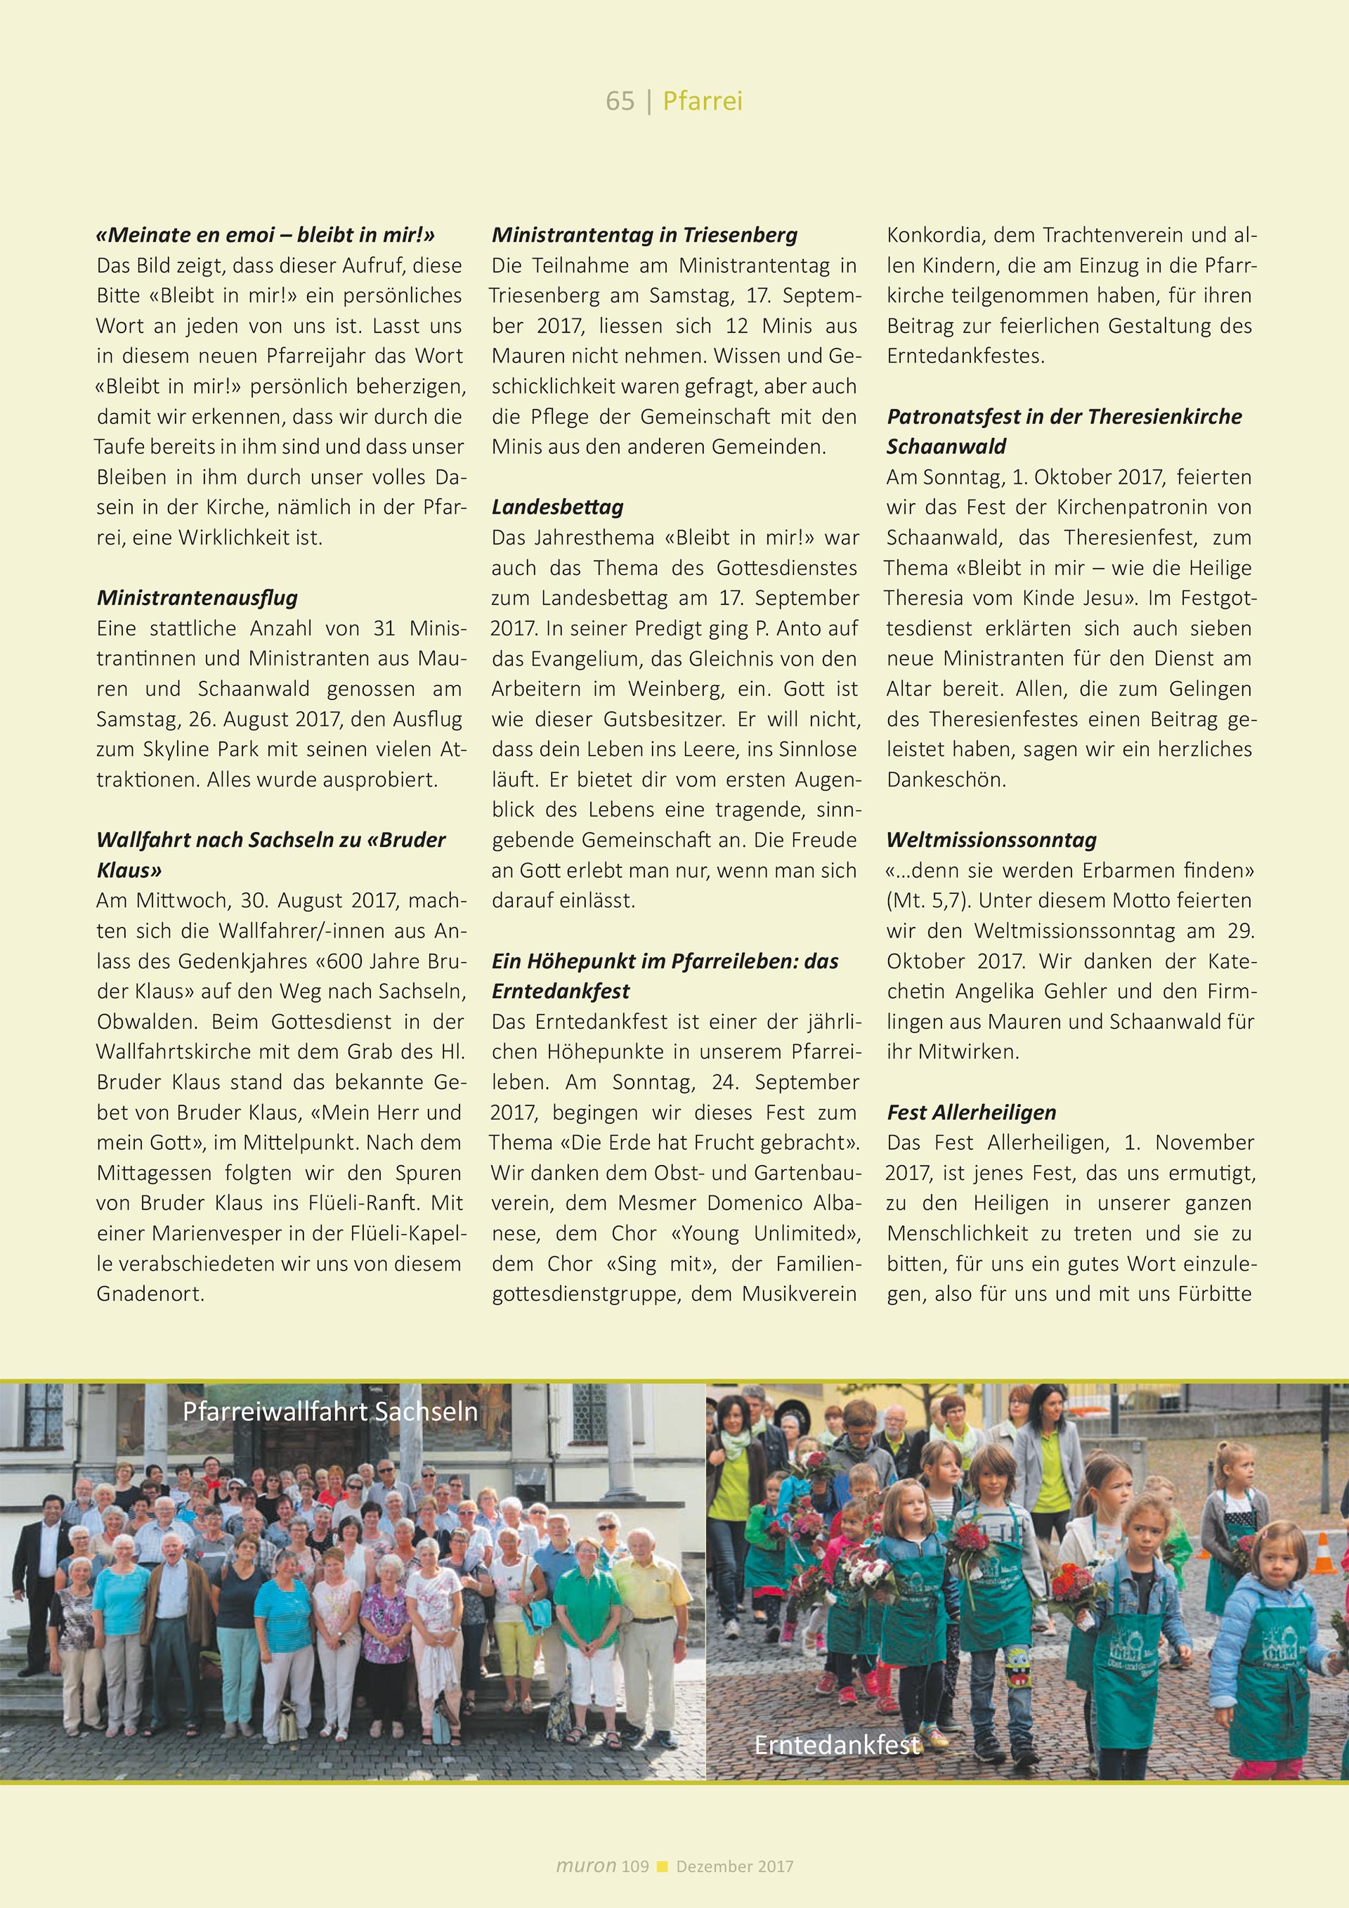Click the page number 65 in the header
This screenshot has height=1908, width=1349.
[x=620, y=101]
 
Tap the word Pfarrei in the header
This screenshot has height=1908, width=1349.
[x=703, y=101]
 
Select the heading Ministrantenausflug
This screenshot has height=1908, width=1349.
[x=197, y=597]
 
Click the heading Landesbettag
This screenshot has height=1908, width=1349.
[x=557, y=507]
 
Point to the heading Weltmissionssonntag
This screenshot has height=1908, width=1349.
[x=991, y=839]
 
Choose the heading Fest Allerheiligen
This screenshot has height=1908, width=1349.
[x=971, y=1112]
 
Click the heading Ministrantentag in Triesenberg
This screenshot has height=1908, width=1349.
[x=644, y=235]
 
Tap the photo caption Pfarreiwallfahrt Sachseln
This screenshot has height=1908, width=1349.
[x=330, y=1411]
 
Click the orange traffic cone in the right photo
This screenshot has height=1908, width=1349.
[x=1323, y=1557]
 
